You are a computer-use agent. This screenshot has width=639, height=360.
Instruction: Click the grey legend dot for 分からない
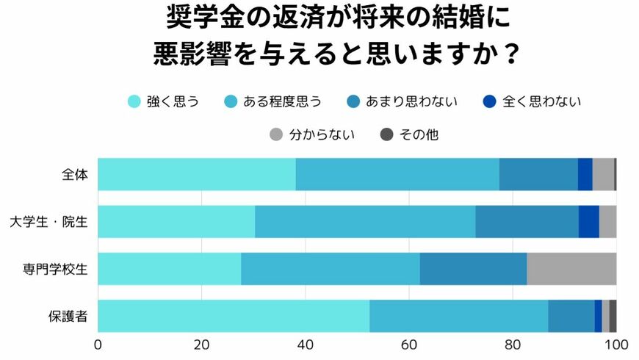(x=276, y=134)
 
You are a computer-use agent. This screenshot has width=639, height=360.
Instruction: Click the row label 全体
(x=75, y=175)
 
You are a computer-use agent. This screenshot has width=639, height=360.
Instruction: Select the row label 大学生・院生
(x=49, y=222)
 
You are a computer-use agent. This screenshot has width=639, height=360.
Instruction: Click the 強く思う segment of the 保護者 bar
(x=234, y=316)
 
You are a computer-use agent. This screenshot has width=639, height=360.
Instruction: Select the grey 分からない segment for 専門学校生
(x=571, y=269)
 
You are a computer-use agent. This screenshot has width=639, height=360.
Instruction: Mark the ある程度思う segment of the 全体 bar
(x=397, y=175)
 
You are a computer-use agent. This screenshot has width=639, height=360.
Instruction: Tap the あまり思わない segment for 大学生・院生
(x=527, y=222)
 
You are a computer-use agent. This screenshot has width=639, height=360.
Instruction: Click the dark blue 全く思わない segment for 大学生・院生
(x=589, y=222)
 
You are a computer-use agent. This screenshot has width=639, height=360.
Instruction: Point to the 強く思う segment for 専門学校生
(x=169, y=269)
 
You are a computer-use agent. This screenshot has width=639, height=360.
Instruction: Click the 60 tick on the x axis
(x=409, y=344)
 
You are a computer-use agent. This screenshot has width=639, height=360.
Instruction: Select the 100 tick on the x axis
(x=615, y=344)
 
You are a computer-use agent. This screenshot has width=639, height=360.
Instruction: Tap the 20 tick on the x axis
(x=201, y=344)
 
